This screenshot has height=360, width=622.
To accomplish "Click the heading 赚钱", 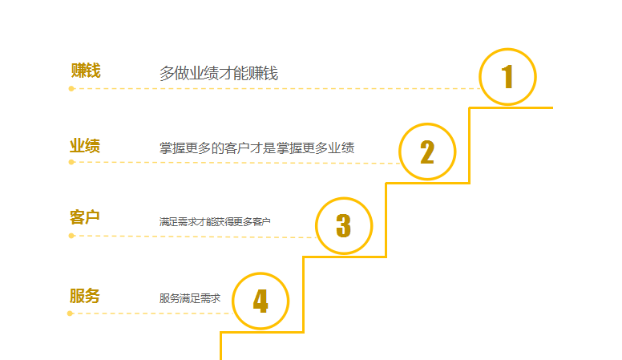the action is (86, 71).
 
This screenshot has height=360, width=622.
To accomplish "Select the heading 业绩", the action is (85, 146).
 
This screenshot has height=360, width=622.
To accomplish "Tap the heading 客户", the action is (85, 217).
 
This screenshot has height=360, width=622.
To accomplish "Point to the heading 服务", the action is (85, 296).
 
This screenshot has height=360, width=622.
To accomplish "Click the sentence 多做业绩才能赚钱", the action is (219, 74).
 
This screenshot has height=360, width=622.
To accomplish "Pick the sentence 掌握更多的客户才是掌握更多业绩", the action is (256, 148).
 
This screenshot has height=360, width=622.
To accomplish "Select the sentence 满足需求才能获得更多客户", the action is (215, 221).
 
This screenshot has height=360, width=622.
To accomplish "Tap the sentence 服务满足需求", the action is (189, 298).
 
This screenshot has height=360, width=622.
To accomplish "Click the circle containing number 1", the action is (507, 77).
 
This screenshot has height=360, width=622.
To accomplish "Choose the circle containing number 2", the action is (427, 152).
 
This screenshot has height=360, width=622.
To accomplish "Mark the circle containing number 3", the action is (344, 225).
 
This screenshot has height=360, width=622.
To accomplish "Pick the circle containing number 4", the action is (261, 301).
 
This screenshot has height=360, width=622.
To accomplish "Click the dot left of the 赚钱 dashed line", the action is (71, 88).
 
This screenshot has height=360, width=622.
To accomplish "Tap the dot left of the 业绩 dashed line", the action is (71, 162).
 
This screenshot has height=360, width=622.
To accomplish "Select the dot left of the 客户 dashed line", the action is (71, 236).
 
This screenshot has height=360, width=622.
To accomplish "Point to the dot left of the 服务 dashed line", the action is (71, 313).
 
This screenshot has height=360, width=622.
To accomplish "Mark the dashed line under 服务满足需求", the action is (152, 313).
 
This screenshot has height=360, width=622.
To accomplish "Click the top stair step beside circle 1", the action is (513, 107).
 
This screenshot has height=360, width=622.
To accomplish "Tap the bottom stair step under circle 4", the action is (221, 345).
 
